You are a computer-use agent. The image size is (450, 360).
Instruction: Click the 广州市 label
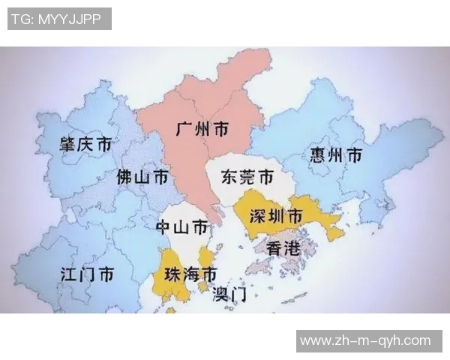(x=202, y=129)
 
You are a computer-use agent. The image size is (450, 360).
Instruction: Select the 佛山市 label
(x=142, y=178)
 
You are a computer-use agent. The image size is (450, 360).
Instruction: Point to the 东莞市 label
(x=247, y=178)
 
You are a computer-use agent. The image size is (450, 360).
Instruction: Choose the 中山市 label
(x=181, y=226)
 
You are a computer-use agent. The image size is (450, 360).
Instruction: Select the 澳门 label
(x=229, y=293)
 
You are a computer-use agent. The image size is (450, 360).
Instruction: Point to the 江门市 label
(x=87, y=274)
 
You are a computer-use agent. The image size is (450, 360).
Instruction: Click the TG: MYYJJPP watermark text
(x=59, y=19)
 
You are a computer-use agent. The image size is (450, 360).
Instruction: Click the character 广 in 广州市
(x=184, y=129)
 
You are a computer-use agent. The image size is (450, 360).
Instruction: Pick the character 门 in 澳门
(x=239, y=293)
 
